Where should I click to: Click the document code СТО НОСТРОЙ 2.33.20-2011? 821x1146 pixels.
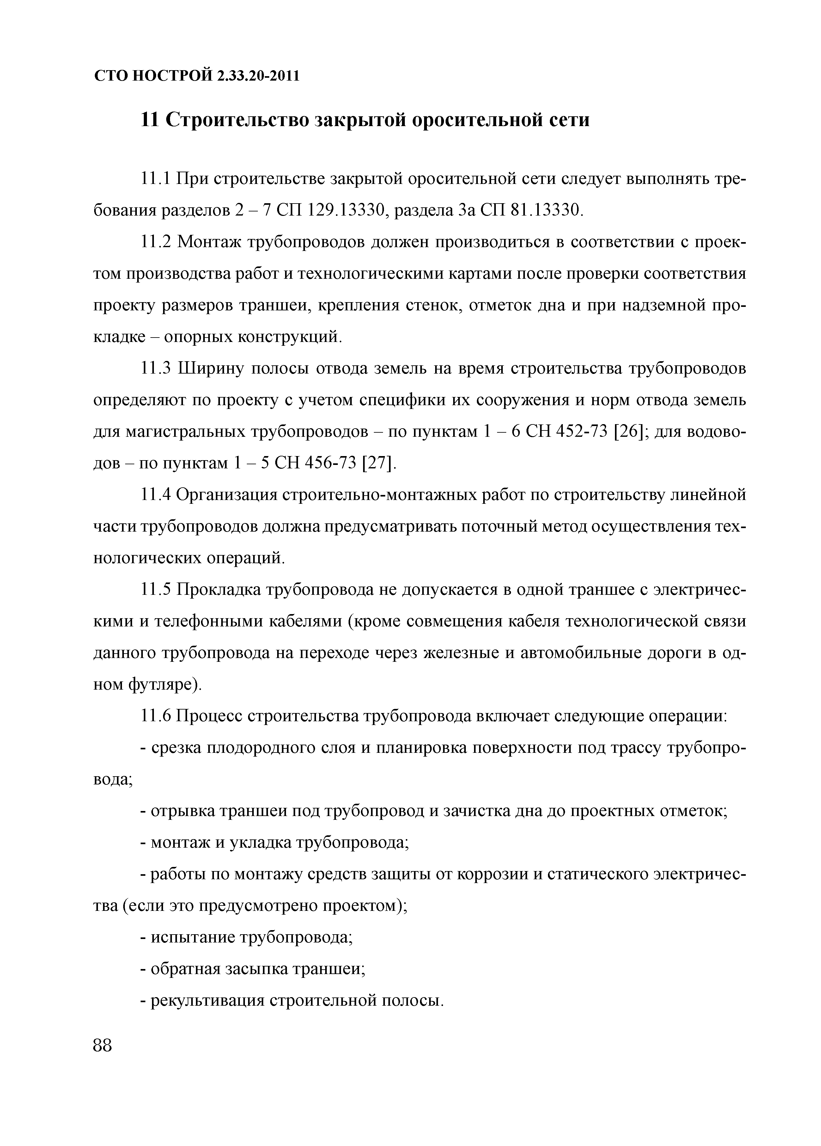click(x=197, y=76)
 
